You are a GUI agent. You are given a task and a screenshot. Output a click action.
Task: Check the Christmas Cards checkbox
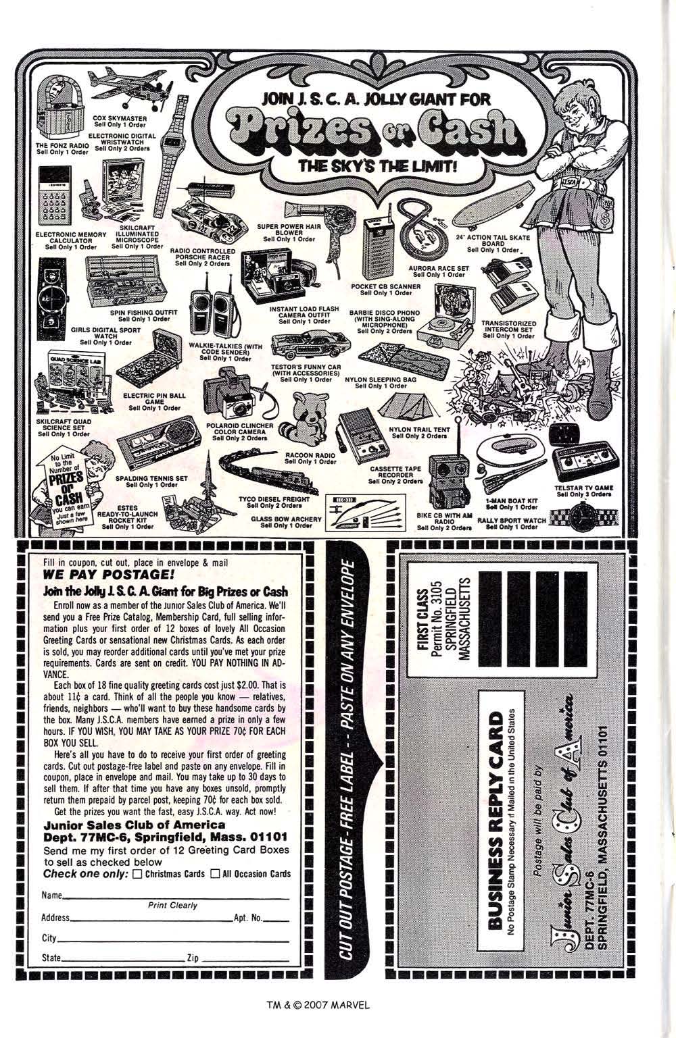(x=137, y=874)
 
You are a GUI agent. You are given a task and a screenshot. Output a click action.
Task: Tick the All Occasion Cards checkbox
(x=215, y=874)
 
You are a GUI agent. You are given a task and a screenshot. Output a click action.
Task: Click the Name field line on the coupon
(x=176, y=899)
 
